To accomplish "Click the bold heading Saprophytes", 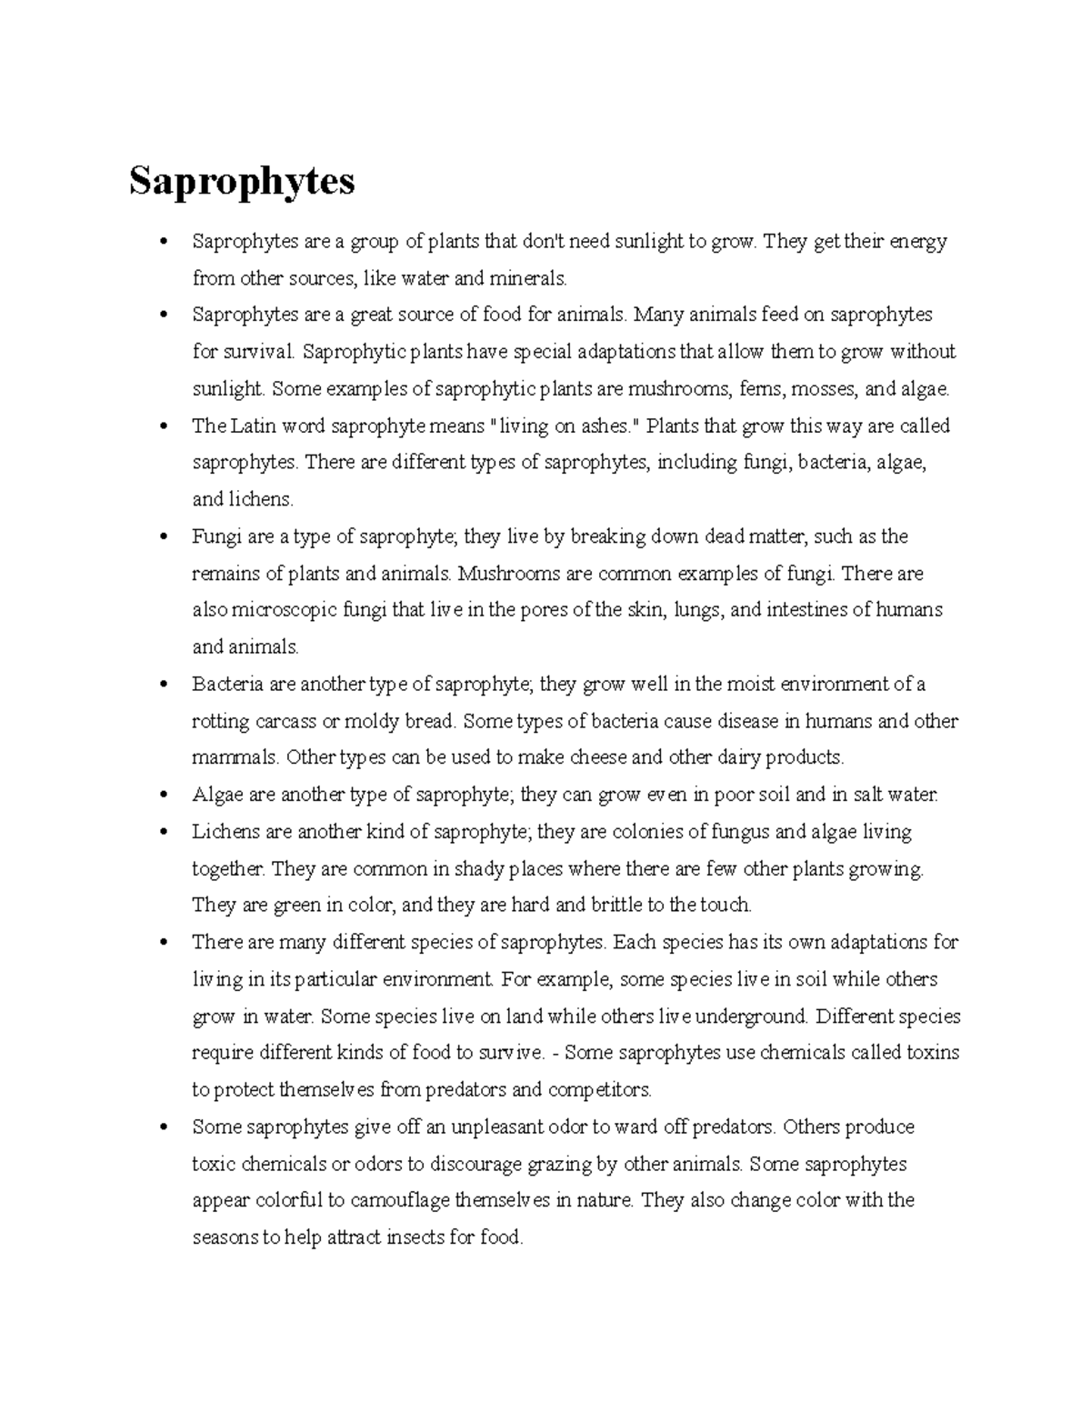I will coord(241,182).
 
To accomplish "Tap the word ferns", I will coord(761,389).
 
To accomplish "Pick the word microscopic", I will coord(278,610).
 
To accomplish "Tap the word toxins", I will coord(933,1053).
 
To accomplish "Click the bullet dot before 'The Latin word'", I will coord(165,426).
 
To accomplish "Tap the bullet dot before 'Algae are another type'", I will coord(165,796).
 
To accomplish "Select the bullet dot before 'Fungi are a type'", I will coord(165,537).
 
